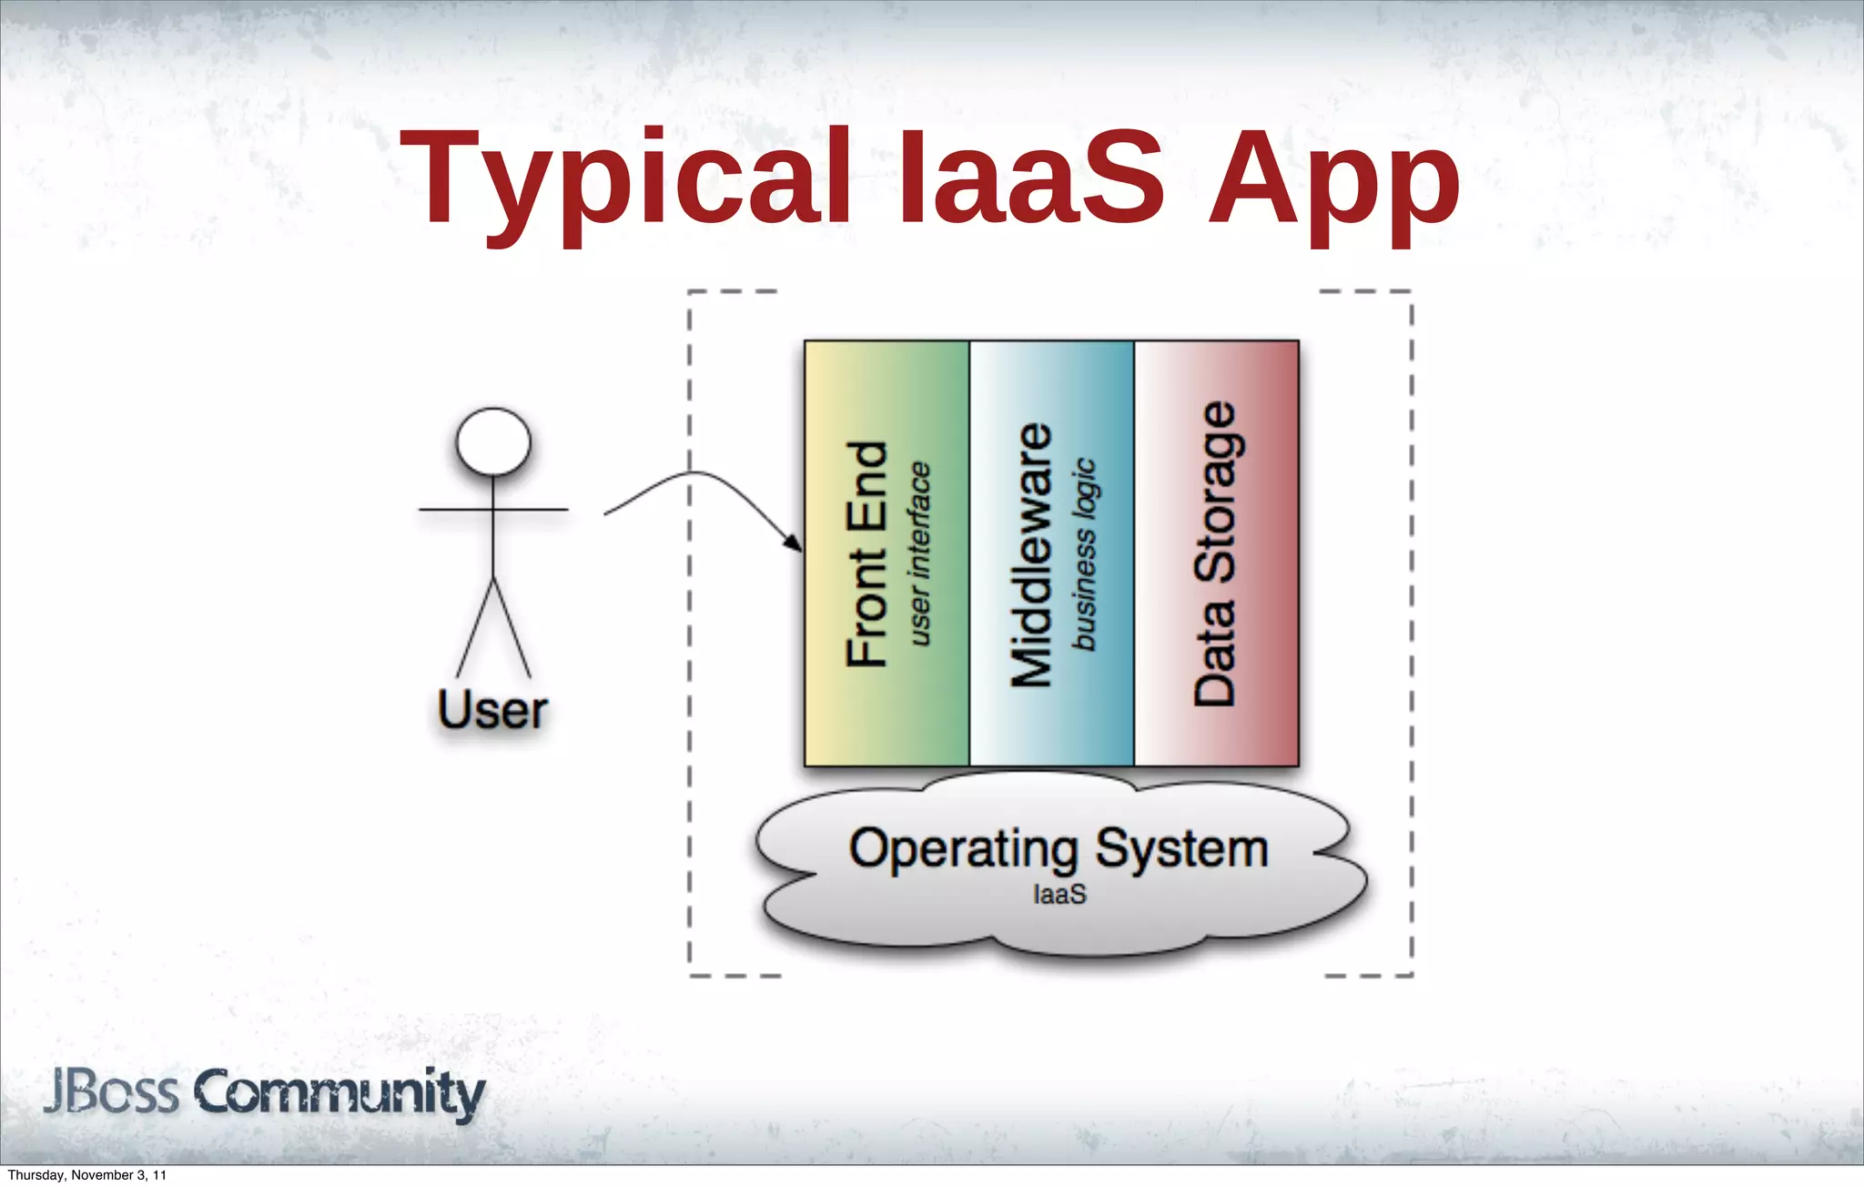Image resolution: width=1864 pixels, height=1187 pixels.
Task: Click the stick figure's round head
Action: click(x=493, y=441)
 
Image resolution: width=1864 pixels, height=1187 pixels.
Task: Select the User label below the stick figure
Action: click(x=492, y=711)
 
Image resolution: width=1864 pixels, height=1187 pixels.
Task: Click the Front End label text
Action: click(x=866, y=554)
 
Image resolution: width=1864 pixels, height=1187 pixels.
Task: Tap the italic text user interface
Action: click(x=920, y=554)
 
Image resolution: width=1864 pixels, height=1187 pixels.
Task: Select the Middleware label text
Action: click(x=1032, y=554)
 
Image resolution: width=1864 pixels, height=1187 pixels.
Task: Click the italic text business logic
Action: click(x=1084, y=554)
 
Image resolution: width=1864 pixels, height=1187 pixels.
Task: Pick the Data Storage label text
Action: click(x=1215, y=554)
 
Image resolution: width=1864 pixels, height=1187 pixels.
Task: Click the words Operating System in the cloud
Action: click(x=1059, y=848)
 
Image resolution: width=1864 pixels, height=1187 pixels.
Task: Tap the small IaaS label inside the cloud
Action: click(x=1059, y=895)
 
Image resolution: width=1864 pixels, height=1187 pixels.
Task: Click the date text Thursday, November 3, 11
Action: click(x=86, y=1175)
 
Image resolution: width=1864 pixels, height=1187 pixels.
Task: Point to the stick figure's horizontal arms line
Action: click(x=528, y=510)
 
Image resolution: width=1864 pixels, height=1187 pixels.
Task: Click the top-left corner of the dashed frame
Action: click(x=690, y=292)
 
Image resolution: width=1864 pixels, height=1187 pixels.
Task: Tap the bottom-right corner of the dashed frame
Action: click(x=1411, y=975)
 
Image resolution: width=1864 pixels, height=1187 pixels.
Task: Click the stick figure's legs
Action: click(x=493, y=628)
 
